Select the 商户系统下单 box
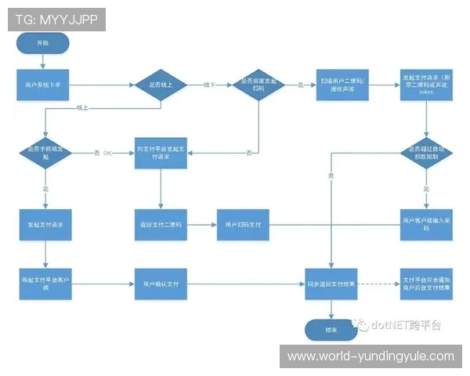(45, 84)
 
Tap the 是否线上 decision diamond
(160, 84)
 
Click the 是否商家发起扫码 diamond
(258, 84)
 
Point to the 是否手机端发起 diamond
(45, 151)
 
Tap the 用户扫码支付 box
(243, 225)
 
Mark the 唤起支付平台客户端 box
(45, 282)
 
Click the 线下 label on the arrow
(209, 84)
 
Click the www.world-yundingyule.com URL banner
(370, 356)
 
